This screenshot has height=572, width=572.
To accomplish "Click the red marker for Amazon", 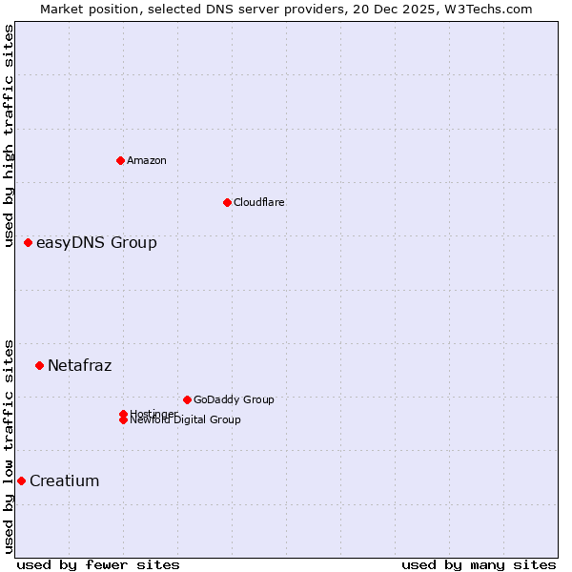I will click(120, 160).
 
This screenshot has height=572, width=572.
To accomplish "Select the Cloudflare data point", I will click(227, 202).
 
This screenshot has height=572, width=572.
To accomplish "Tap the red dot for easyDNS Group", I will click(29, 242).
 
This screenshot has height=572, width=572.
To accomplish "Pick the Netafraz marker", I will click(39, 365).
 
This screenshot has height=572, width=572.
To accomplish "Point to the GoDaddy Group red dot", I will click(187, 399).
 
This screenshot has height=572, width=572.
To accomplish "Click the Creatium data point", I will click(21, 480).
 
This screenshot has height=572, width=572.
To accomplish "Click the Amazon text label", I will click(147, 160).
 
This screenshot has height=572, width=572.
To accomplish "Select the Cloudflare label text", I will click(258, 202).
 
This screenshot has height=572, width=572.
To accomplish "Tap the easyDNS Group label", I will click(96, 242).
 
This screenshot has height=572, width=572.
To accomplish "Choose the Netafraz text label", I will click(79, 365).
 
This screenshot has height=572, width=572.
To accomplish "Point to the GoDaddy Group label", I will click(234, 399).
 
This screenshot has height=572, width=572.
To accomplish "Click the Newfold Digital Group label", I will click(186, 420).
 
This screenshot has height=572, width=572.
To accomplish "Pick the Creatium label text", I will click(64, 480).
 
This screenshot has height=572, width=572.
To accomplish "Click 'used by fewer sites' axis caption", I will click(98, 564).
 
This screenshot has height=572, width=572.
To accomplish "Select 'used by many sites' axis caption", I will click(479, 564).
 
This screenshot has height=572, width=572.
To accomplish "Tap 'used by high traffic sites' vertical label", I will click(9, 135).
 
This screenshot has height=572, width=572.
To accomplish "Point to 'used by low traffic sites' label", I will click(9, 445).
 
